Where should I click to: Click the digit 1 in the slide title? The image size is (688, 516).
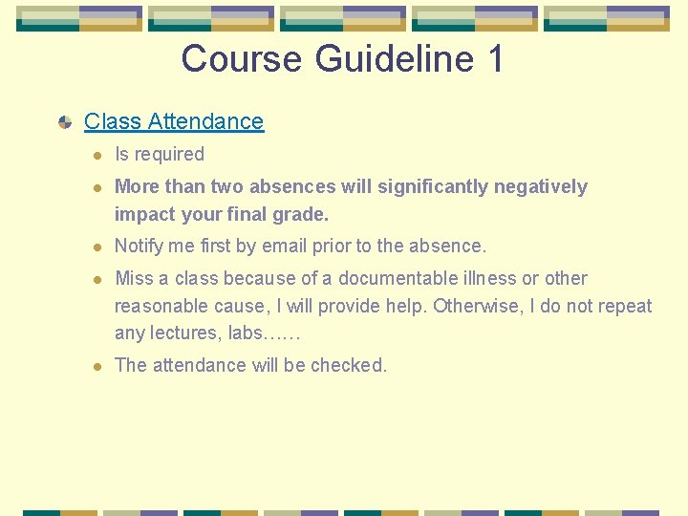click(x=494, y=59)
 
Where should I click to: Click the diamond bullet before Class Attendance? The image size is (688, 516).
click(x=65, y=122)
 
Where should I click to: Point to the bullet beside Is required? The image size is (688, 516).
click(x=97, y=155)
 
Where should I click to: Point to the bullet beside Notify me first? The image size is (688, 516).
click(x=97, y=247)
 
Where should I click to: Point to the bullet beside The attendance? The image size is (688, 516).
click(x=97, y=366)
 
